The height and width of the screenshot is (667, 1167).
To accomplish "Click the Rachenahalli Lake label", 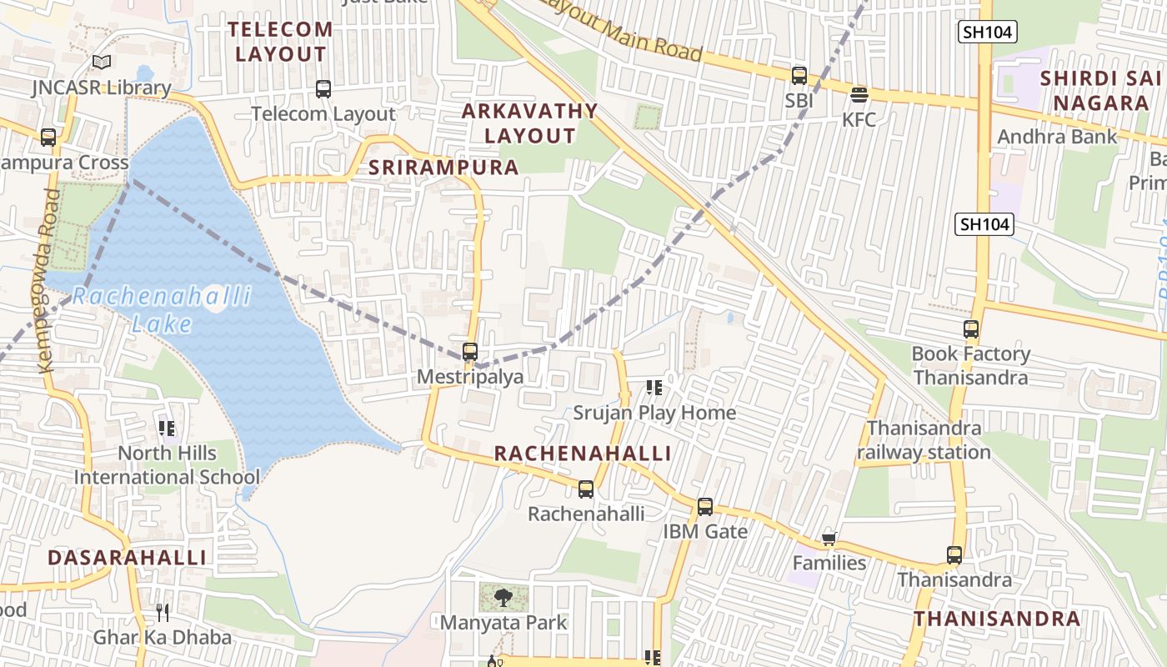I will coord(162,310).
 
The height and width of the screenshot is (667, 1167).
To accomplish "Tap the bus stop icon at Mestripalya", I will coord(470,352).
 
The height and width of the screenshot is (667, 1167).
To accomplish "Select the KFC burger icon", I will coord(859,94).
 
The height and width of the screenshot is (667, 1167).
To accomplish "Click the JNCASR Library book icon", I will coord(102,63).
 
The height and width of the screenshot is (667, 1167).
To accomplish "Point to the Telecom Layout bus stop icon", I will coord(323,88).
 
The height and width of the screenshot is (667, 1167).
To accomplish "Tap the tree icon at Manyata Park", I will coord(503,597).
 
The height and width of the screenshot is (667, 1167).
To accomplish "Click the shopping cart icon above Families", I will coord(829,539).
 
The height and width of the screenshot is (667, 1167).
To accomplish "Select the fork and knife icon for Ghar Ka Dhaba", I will coord(163,613).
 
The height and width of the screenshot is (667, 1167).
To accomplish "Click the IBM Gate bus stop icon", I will coord(705,506).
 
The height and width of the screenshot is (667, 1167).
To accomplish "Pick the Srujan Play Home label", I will coord(654,413).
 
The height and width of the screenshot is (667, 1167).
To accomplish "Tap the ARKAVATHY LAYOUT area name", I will coord(530,123).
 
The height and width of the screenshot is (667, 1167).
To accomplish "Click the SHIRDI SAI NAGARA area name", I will coord(1100,91).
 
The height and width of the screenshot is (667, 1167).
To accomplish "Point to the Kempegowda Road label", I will coord(48,280).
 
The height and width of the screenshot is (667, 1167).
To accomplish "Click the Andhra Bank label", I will coord(1057,137).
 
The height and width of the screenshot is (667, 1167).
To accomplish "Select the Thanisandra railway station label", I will coord(924,440).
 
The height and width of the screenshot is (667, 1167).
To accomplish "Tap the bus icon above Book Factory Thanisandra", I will coord(971,329).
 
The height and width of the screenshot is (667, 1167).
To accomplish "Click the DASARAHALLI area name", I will coord(127,558).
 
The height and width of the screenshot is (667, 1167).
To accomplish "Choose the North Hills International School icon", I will coord(167,429).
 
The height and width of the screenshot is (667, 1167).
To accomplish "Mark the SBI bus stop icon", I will coord(799,76).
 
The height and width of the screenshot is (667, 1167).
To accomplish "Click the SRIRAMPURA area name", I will coord(443,168).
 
